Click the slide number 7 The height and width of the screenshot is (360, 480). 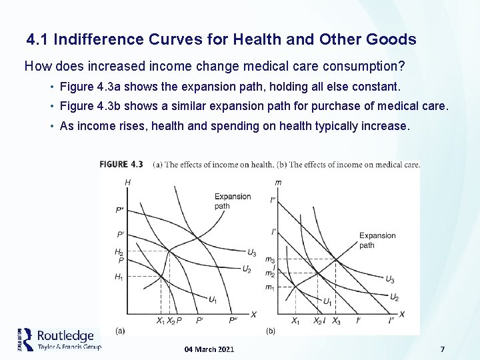pyautogui.click(x=442, y=349)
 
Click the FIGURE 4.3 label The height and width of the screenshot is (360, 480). pyautogui.click(x=121, y=165)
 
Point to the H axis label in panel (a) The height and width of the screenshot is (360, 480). pyautogui.click(x=127, y=182)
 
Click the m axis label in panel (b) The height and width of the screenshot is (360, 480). pyautogui.click(x=277, y=182)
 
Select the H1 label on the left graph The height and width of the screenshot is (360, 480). pyautogui.click(x=119, y=277)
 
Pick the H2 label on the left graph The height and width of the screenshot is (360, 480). pyautogui.click(x=119, y=252)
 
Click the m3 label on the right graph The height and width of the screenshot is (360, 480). pyautogui.click(x=269, y=260)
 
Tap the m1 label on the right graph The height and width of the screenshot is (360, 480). pyautogui.click(x=269, y=287)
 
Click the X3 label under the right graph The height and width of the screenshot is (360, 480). pyautogui.click(x=336, y=321)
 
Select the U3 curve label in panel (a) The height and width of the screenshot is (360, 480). pyautogui.click(x=251, y=253)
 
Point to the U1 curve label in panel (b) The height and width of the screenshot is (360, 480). pyautogui.click(x=327, y=302)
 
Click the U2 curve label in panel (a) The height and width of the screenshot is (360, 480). pyautogui.click(x=247, y=269)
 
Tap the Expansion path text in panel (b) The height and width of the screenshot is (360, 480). pyautogui.click(x=377, y=240)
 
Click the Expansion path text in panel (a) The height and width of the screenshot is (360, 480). pyautogui.click(x=232, y=201)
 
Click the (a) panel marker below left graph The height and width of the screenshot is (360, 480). pyautogui.click(x=120, y=329)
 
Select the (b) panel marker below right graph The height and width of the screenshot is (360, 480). pyautogui.click(x=271, y=331)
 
